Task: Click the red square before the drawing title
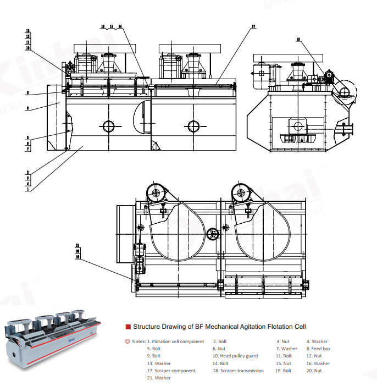(x=127, y=327)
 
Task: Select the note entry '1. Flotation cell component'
(x=175, y=341)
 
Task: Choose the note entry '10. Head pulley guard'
(x=235, y=356)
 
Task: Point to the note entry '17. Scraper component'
(x=171, y=371)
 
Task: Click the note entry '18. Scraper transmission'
(x=238, y=371)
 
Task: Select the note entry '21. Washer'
(x=159, y=378)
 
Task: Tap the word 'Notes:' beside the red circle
(x=138, y=341)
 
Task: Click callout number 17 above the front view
(x=253, y=26)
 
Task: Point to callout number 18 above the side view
(x=298, y=39)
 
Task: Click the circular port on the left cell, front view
(x=108, y=126)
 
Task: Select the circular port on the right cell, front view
(x=193, y=126)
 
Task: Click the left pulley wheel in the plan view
(x=156, y=193)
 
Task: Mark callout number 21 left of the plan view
(x=78, y=246)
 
